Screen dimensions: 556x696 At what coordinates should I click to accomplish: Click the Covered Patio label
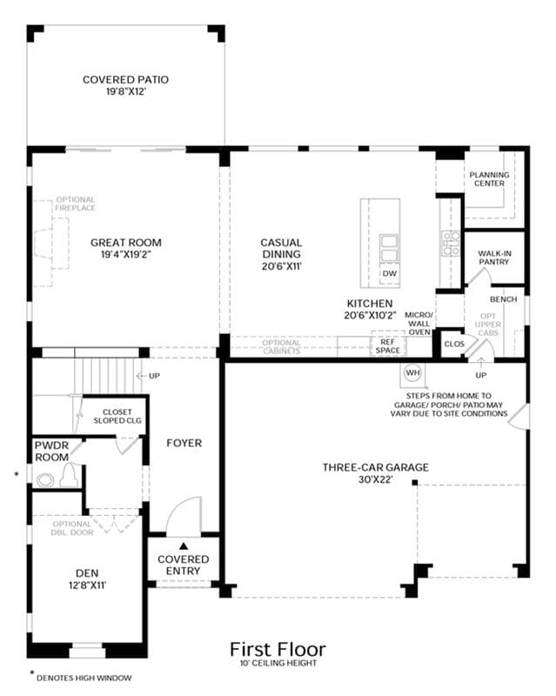(x=125, y=79)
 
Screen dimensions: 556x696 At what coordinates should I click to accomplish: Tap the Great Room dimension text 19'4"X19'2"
(x=126, y=255)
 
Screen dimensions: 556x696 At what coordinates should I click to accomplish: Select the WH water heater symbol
(x=413, y=372)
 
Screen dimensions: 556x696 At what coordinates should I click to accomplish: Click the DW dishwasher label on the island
(x=390, y=273)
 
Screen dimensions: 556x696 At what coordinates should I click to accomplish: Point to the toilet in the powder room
(x=70, y=475)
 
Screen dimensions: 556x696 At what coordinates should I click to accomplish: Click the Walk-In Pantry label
(x=494, y=258)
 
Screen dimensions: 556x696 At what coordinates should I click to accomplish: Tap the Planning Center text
(x=489, y=179)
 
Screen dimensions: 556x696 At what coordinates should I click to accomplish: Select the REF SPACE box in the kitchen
(x=388, y=346)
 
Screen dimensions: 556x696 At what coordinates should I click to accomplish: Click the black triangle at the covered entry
(x=184, y=545)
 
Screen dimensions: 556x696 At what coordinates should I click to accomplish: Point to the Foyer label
(x=184, y=443)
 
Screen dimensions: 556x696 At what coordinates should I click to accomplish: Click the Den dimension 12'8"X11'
(x=88, y=586)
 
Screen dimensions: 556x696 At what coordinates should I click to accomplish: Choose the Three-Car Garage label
(x=375, y=467)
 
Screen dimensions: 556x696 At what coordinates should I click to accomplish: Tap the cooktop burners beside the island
(x=451, y=244)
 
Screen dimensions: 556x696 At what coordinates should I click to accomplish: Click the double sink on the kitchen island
(x=390, y=250)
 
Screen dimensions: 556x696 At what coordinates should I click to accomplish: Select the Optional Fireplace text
(x=76, y=204)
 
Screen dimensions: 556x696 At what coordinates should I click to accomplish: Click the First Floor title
(x=278, y=649)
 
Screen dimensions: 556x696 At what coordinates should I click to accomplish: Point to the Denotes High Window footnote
(x=84, y=678)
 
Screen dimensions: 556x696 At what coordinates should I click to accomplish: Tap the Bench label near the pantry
(x=504, y=299)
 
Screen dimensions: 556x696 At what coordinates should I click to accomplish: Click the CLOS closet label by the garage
(x=454, y=344)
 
